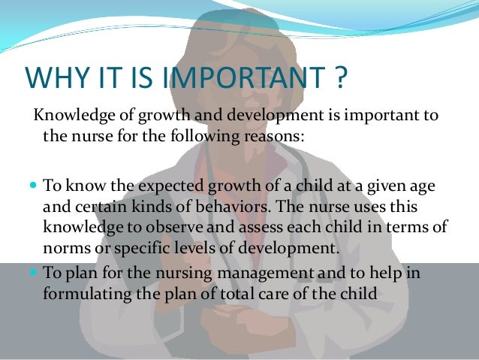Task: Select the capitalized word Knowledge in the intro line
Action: pyautogui.click(x=68, y=118)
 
